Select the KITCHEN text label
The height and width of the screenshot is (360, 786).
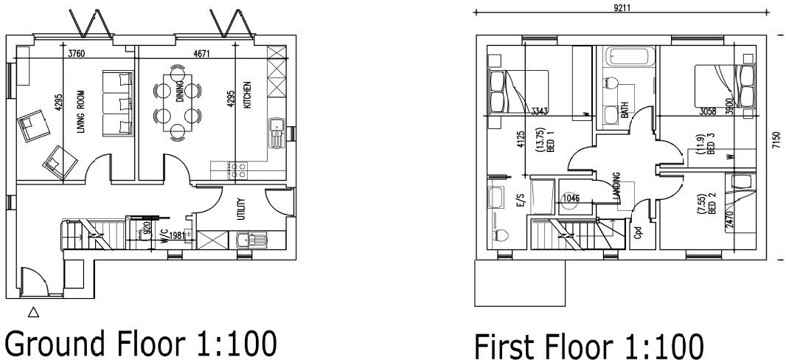point(248,95)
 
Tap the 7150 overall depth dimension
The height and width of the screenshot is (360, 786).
point(775,142)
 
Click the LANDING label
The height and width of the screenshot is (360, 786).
point(616,187)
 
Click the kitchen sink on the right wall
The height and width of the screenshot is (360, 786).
point(277,133)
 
